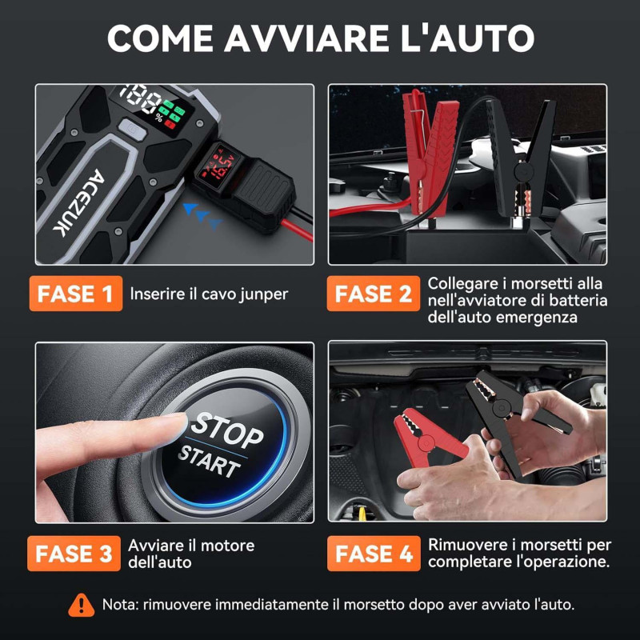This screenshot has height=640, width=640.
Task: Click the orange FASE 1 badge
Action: click(x=76, y=294)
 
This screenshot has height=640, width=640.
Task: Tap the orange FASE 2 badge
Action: click(x=374, y=294)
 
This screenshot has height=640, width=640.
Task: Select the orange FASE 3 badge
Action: click(x=74, y=554)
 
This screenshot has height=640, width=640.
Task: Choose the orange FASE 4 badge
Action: click(x=374, y=554)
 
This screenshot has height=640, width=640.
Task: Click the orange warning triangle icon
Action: click(x=82, y=605)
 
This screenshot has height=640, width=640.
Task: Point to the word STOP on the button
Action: click(x=227, y=430)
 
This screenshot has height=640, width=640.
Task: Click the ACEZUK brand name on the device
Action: click(x=78, y=203)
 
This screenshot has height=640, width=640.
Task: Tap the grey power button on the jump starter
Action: click(x=132, y=129)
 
